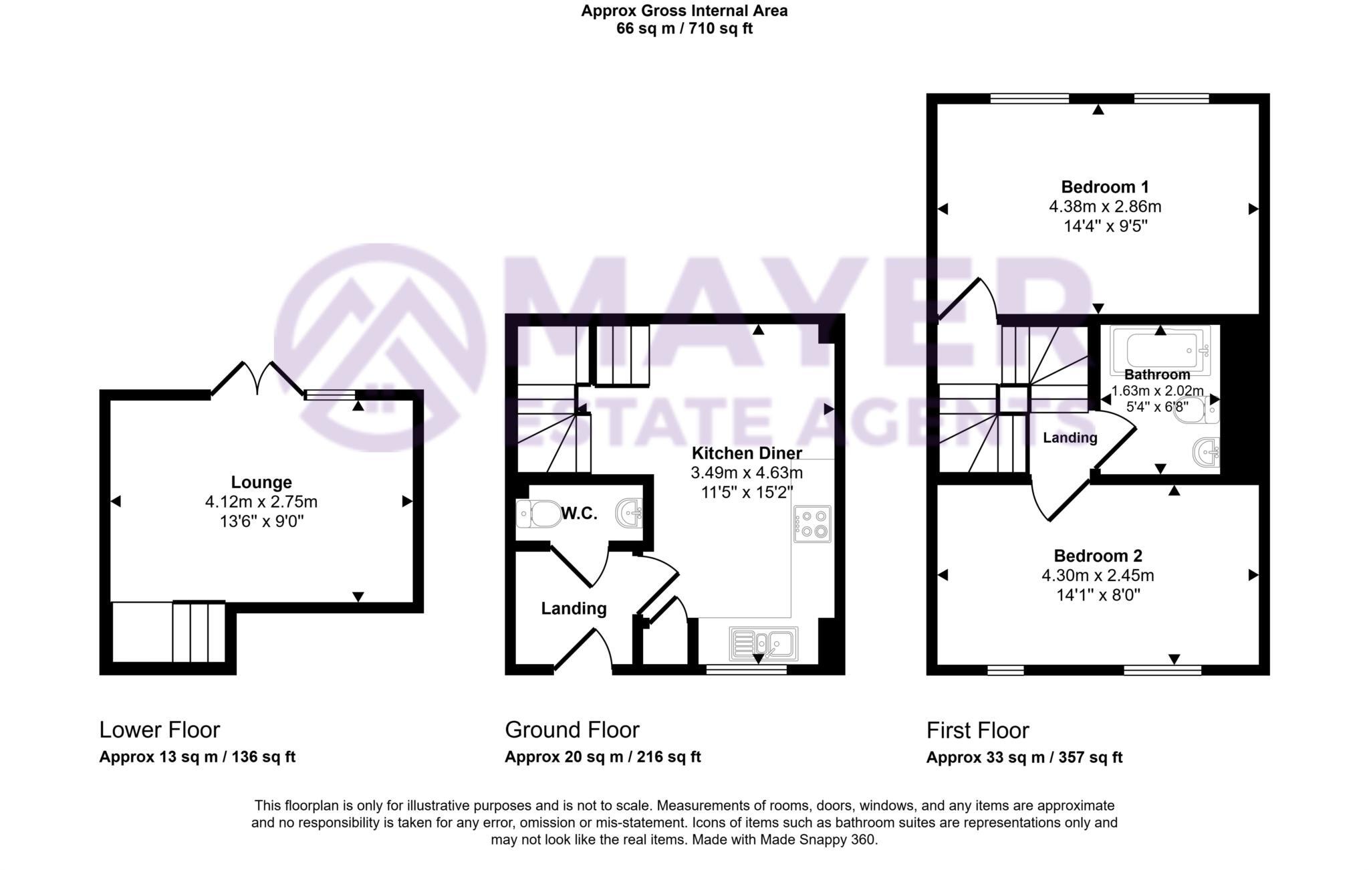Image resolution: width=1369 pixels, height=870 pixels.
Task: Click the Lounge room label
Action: point(261,482)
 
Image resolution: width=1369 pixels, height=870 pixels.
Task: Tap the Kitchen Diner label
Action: point(746,453)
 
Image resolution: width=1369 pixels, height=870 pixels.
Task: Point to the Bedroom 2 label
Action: point(1098,556)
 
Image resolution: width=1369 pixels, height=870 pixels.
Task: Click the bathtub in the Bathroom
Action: point(1160,350)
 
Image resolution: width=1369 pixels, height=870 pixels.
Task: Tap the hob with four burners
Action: point(812,524)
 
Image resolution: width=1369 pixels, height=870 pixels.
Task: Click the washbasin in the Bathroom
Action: point(1207,453)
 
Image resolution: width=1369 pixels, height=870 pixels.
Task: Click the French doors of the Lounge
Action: point(257,378)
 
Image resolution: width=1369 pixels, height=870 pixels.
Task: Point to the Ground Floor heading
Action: point(572,730)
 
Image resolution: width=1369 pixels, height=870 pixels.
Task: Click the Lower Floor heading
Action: point(159,730)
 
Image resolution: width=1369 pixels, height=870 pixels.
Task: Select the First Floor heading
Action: point(977,730)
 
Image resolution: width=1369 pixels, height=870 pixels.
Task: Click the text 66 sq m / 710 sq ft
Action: point(684,29)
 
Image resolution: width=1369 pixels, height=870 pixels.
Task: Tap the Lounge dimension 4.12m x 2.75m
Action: point(261,502)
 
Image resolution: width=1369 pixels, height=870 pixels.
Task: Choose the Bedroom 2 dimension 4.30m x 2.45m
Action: point(1098,575)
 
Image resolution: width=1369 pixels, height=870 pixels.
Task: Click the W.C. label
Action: point(579,514)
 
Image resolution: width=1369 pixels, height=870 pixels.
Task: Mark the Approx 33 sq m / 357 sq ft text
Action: point(1024,758)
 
